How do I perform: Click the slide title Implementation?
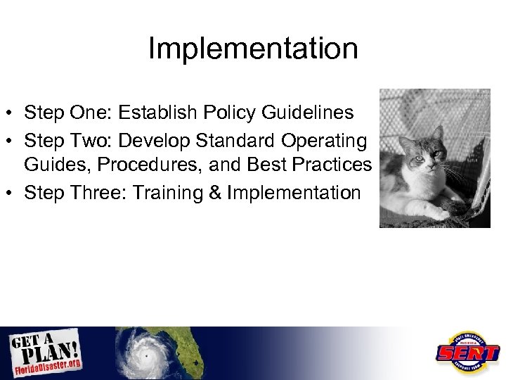tap(253, 49)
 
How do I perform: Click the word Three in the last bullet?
tap(86, 192)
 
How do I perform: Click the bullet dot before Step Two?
tap(13, 142)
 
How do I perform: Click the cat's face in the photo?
tap(422, 155)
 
